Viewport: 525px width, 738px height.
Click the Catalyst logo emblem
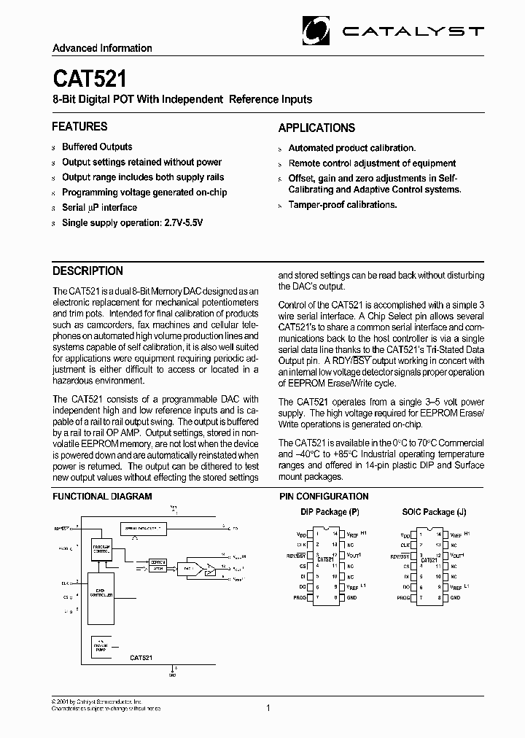pos(319,31)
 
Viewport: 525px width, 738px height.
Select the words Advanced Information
pos(102,48)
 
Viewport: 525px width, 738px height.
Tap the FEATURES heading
pos(79,126)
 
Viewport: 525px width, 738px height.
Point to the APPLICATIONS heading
pos(316,128)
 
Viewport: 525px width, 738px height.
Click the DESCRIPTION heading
pos(87,271)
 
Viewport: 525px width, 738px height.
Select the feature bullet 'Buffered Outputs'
pos(97,147)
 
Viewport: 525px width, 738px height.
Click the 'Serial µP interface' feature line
pos(99,207)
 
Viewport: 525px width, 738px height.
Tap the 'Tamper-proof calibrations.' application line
pos(343,205)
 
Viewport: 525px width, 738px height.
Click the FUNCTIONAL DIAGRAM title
pos(102,497)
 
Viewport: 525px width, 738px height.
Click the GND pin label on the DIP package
pos(351,597)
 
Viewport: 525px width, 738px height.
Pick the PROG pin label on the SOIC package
pos(404,597)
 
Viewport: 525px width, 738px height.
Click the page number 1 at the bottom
pos(268,707)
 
